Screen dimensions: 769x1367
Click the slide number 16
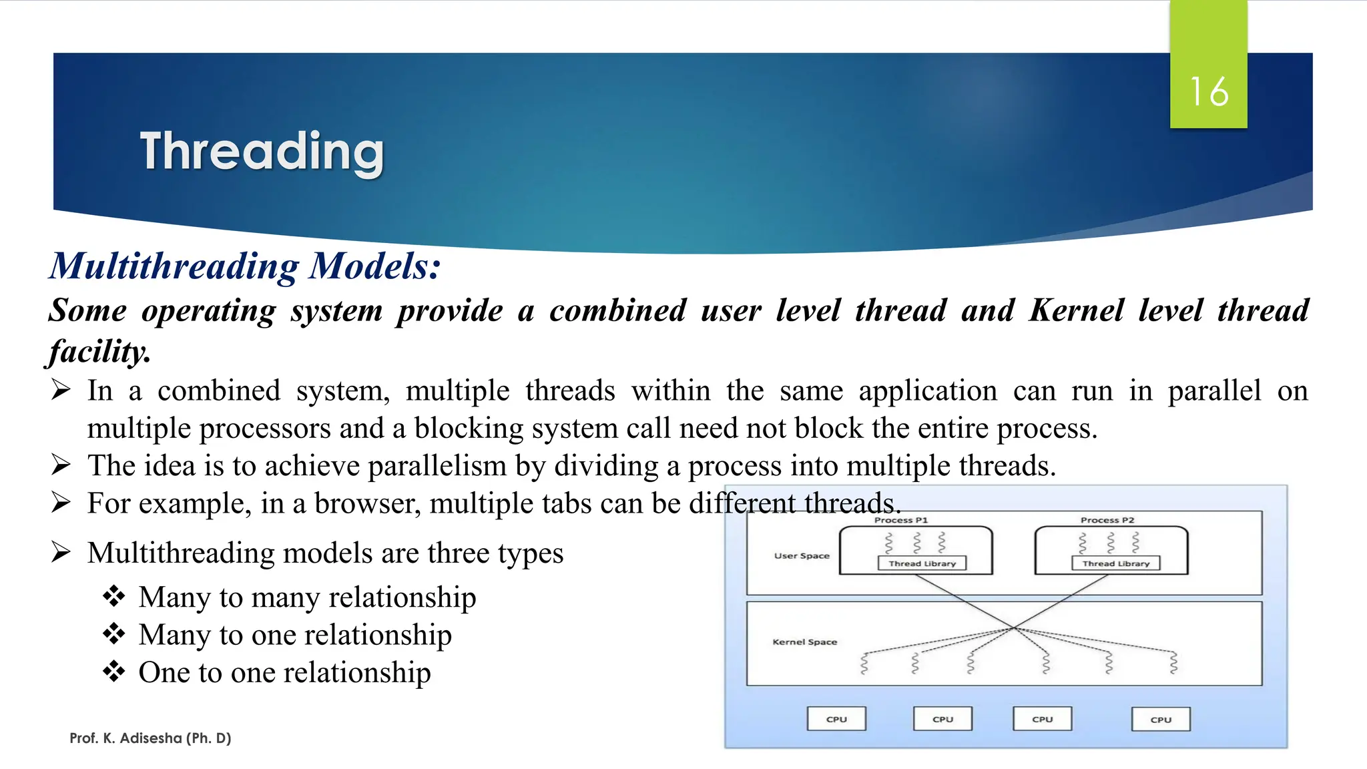(1208, 91)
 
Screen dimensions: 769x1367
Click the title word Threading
(262, 152)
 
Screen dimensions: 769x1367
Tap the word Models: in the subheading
(374, 266)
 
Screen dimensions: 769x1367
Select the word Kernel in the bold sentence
(1076, 310)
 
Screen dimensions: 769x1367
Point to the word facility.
(99, 352)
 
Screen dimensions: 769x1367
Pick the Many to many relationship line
(307, 597)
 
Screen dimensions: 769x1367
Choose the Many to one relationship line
(294, 634)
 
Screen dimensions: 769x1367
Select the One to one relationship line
(284, 672)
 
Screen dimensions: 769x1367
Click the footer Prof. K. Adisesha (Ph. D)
(150, 738)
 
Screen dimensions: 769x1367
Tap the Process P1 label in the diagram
(900, 520)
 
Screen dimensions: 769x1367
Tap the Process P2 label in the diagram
(1107, 520)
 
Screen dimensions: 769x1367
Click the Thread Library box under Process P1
(922, 563)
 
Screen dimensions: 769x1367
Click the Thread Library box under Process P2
(1115, 563)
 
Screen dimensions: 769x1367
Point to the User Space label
(802, 555)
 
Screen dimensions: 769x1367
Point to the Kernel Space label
(804, 642)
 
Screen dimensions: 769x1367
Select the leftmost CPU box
(836, 719)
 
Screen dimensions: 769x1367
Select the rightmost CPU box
(1161, 720)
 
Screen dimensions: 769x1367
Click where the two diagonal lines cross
(1013, 627)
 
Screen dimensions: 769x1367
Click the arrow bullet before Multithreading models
(61, 553)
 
